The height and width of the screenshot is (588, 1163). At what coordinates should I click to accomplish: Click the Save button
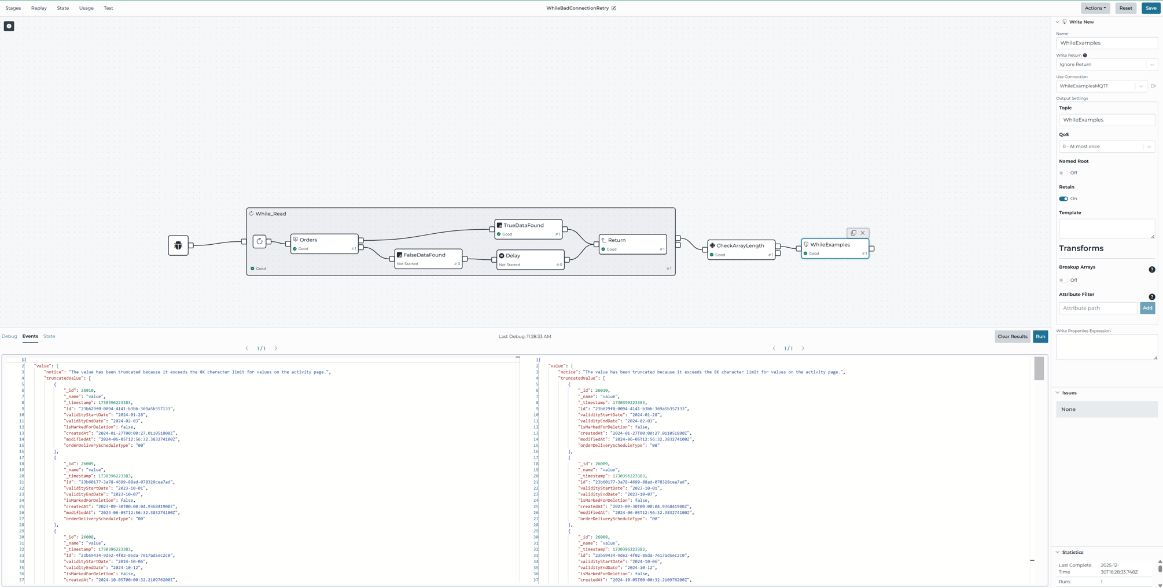tap(1151, 8)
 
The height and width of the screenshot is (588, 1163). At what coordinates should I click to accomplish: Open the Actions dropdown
tap(1095, 8)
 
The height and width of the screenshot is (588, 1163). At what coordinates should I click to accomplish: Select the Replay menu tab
tap(39, 8)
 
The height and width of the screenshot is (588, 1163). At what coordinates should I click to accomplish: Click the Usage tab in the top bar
tap(86, 8)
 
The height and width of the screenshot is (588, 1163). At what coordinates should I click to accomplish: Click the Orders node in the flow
tap(324, 244)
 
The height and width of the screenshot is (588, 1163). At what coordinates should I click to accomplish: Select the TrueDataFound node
tap(528, 229)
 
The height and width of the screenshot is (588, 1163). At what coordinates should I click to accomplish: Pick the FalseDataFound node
tap(428, 259)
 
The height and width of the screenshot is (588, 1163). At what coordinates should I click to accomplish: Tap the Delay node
tap(530, 259)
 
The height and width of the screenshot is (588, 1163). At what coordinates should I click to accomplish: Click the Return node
tap(632, 244)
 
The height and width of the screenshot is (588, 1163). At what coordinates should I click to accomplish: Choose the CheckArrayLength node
tap(741, 249)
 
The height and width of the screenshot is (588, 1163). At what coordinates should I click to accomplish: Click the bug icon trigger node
tap(178, 245)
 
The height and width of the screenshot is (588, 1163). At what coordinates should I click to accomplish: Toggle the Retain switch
tap(1063, 199)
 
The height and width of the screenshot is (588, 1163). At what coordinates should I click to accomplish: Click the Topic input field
tap(1106, 120)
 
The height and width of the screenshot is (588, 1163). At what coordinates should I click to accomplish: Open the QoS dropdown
tap(1106, 146)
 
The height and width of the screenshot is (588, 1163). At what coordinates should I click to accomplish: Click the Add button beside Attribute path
tap(1147, 308)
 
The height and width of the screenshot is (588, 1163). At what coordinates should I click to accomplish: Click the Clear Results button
tap(1012, 336)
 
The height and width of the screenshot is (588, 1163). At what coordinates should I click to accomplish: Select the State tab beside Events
tap(49, 336)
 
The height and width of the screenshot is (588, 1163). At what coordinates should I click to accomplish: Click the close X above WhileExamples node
tap(863, 233)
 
